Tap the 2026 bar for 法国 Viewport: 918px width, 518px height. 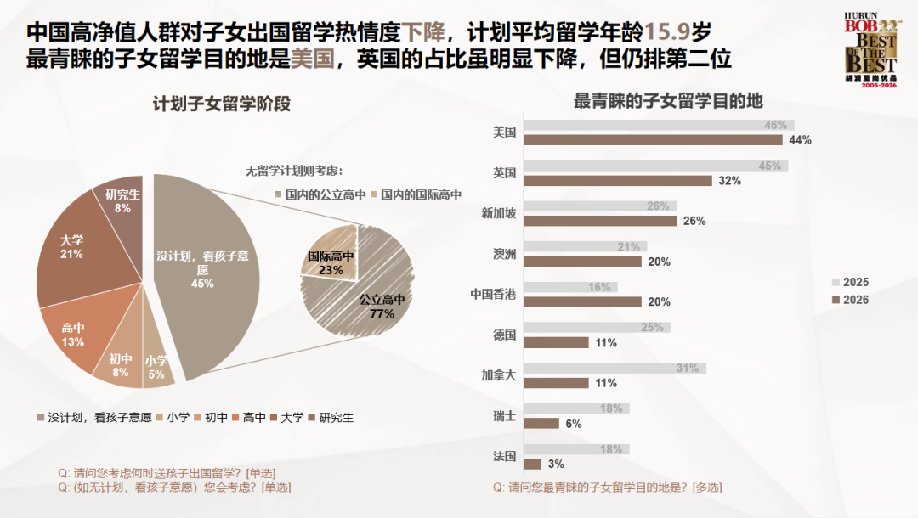point(533,464)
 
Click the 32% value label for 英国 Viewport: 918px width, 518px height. point(729,180)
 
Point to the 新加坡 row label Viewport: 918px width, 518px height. point(499,213)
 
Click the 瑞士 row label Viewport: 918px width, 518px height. point(505,415)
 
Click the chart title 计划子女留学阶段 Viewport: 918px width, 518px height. point(221,104)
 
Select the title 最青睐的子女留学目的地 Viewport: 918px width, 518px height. point(668,100)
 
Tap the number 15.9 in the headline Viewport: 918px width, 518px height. point(662,33)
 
